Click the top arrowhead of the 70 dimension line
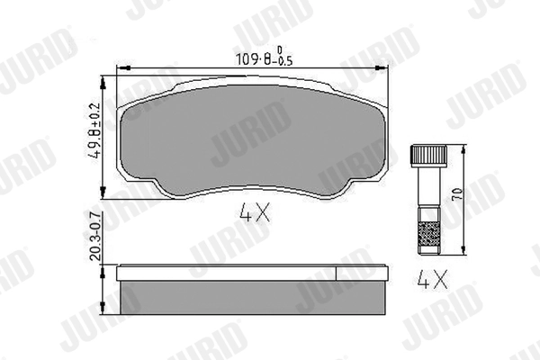coord(462,148)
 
